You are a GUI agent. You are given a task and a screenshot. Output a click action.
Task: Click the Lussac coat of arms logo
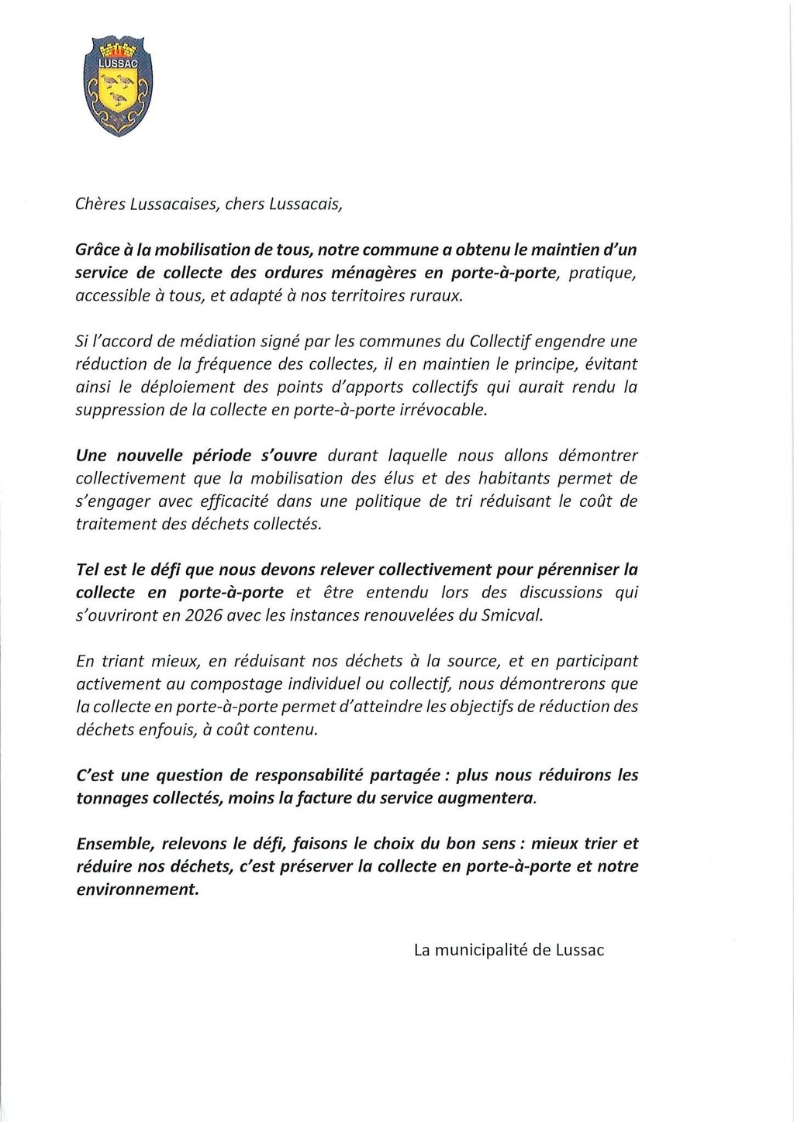coord(118,86)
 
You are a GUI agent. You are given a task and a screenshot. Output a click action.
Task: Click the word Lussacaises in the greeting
coord(160,204)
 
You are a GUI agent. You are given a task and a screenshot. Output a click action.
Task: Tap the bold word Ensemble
coord(112,842)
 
